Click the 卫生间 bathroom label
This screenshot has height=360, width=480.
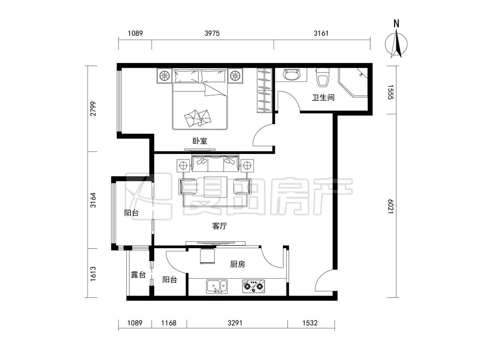coord(323,98)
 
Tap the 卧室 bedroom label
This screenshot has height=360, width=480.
coord(200,141)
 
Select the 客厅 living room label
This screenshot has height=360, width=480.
coord(219,226)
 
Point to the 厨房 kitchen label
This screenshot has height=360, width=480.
coord(238,264)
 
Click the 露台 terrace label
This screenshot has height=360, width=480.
coord(138,275)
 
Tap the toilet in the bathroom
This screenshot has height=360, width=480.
coord(323,78)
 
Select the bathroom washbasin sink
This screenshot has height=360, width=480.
coord(292,74)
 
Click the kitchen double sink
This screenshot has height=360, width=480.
coord(217,286)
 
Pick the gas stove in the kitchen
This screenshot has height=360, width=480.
coord(253,286)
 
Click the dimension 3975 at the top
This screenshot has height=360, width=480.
coord(212,33)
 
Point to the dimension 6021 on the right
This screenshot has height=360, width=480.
coord(390,206)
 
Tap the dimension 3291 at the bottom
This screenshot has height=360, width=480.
coord(235,322)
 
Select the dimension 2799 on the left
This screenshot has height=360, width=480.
coord(93,108)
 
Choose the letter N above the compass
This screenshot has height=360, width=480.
coord(396,23)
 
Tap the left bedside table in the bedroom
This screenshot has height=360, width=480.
coord(164,75)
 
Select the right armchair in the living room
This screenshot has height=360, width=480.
coord(242,187)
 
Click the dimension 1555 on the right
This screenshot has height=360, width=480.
coord(390,92)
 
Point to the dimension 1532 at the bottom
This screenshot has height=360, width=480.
coord(310,322)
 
